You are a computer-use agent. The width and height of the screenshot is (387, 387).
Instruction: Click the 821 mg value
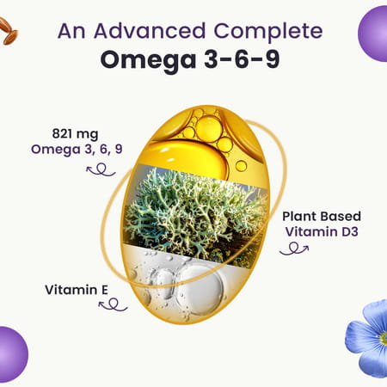coord(75,135)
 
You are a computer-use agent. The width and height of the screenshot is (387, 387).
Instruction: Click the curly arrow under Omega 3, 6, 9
coord(100,169)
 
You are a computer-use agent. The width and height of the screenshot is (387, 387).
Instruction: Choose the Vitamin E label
coord(76,289)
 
